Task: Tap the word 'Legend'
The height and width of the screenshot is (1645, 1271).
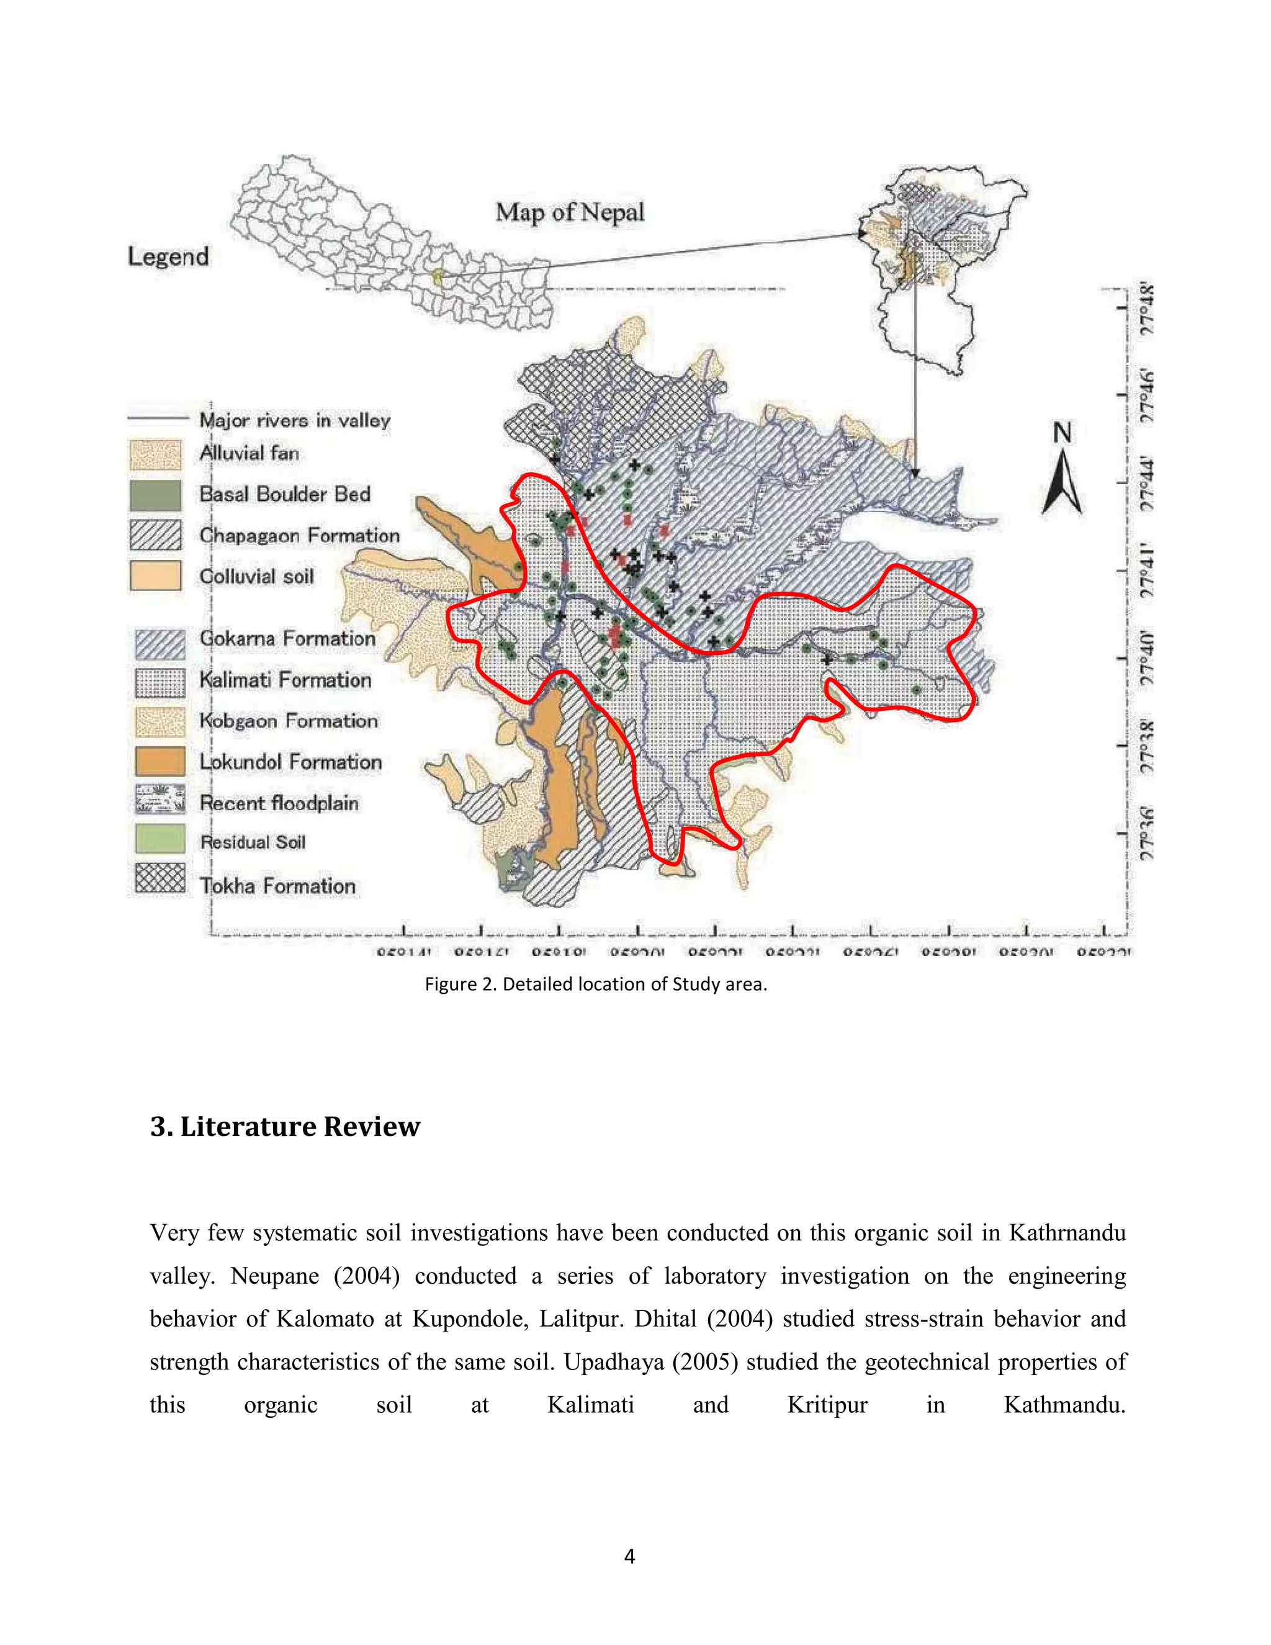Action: pyautogui.click(x=169, y=256)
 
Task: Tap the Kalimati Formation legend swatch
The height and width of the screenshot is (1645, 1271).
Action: pyautogui.click(x=159, y=682)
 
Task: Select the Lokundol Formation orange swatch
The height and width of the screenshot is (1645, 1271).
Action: pyautogui.click(x=159, y=761)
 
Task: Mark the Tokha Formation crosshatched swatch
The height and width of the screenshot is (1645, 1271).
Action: pyautogui.click(x=159, y=878)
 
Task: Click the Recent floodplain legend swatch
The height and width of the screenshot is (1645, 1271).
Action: pyautogui.click(x=159, y=800)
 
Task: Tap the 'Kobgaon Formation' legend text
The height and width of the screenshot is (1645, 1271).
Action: pyautogui.click(x=289, y=721)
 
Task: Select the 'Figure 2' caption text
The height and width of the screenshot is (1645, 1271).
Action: pyautogui.click(x=596, y=984)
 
